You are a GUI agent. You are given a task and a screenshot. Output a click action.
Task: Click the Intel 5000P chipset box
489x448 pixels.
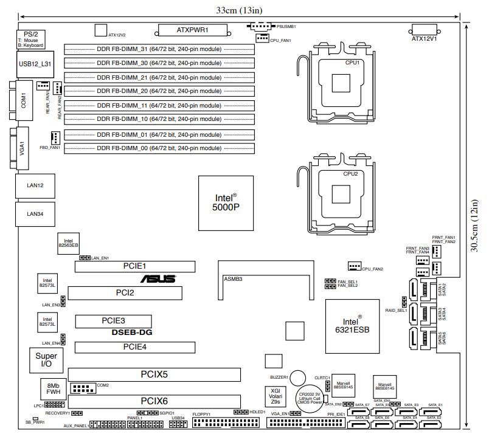point(226,203)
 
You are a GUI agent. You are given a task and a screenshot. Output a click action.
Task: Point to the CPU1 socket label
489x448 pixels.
point(352,63)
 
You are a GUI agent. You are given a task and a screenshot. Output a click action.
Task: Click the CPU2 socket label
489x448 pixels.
point(350,173)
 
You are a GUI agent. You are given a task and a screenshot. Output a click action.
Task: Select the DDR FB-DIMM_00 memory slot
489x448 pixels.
point(159,148)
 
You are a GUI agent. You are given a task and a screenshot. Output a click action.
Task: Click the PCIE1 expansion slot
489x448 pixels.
point(134,266)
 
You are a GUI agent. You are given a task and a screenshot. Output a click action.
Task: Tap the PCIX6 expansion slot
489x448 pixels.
point(154,401)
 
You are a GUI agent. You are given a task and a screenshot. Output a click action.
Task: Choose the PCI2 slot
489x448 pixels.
point(125,293)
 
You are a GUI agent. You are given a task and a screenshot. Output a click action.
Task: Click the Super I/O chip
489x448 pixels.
point(46,360)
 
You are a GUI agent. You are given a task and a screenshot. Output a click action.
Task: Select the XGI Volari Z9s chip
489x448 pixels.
point(276,396)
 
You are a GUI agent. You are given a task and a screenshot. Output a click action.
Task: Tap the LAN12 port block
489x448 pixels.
point(35,185)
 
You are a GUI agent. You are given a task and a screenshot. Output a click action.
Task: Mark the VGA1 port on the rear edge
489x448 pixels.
point(23,150)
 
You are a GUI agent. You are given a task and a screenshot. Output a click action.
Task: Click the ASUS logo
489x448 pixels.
point(159,279)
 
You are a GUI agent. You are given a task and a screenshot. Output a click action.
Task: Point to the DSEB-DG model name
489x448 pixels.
point(131,333)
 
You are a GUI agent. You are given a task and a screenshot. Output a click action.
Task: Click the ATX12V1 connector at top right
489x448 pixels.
point(425,30)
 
